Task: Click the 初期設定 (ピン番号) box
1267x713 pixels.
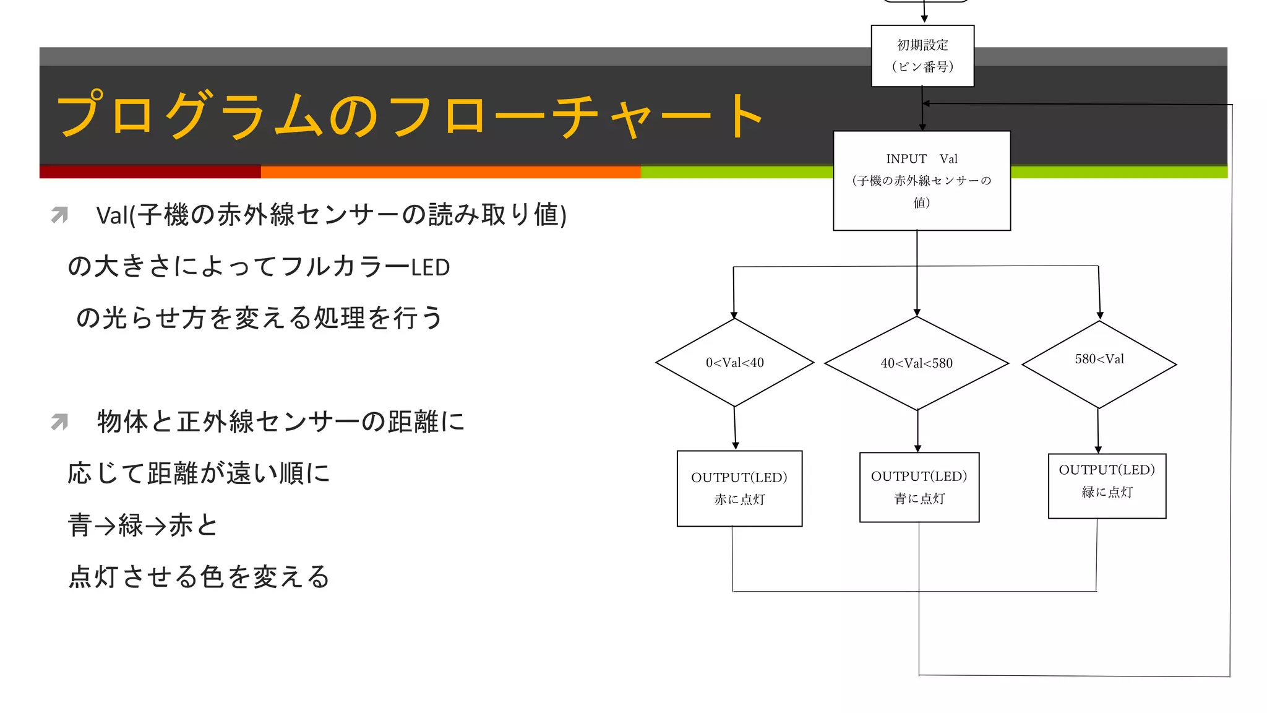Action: (922, 56)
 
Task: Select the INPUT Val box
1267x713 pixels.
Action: (921, 181)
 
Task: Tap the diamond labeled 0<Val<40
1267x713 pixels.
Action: (734, 363)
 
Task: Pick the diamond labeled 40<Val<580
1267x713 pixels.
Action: (916, 363)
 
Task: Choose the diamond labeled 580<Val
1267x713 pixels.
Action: (1099, 364)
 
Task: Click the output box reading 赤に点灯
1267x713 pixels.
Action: (739, 488)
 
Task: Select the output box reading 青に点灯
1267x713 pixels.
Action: (919, 487)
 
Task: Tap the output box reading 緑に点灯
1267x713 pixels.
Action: (1106, 486)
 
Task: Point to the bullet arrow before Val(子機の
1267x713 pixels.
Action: (59, 215)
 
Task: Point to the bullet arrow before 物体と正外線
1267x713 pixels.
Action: (59, 422)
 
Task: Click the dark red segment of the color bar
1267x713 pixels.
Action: (150, 172)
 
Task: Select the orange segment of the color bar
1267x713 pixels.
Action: (450, 172)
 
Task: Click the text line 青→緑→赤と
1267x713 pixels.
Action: (143, 525)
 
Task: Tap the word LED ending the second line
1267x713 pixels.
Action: (431, 267)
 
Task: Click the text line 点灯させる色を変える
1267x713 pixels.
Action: (199, 577)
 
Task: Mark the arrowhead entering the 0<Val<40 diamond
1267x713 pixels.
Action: (734, 315)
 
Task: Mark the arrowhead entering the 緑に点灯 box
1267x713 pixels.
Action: (1098, 450)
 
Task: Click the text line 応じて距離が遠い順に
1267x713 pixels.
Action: (199, 473)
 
